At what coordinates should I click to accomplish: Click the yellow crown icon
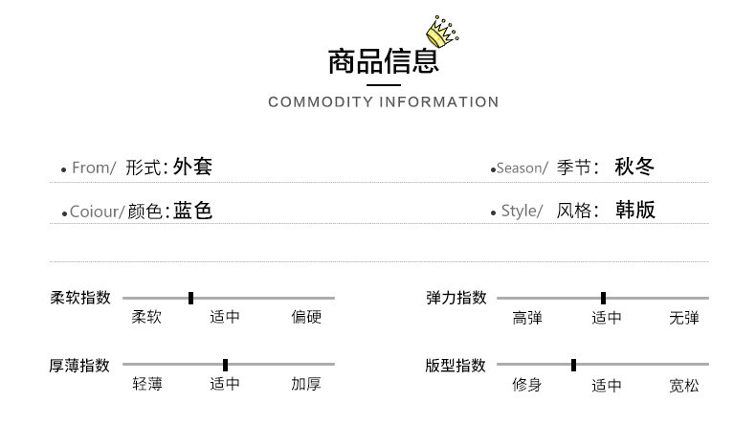click(x=442, y=32)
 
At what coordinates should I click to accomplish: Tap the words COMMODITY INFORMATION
click(x=383, y=102)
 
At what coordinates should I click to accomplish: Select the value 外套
click(x=192, y=167)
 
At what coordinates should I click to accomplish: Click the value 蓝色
click(x=192, y=211)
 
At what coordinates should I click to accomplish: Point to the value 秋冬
click(x=634, y=167)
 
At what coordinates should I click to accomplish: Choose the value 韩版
click(x=634, y=211)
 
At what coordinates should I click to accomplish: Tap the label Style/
click(x=522, y=212)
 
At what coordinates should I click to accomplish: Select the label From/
click(x=94, y=168)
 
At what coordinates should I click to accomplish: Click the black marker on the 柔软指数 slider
click(x=190, y=298)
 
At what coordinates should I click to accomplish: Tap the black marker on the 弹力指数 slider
click(x=603, y=298)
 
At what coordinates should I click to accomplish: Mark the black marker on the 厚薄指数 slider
click(x=225, y=365)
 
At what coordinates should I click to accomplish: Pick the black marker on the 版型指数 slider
click(x=573, y=365)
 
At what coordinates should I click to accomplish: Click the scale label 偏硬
click(x=306, y=318)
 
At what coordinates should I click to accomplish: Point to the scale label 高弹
click(x=527, y=318)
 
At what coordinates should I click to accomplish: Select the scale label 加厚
click(x=306, y=385)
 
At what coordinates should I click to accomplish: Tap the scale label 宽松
click(x=684, y=386)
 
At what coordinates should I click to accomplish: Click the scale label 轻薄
click(x=146, y=385)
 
